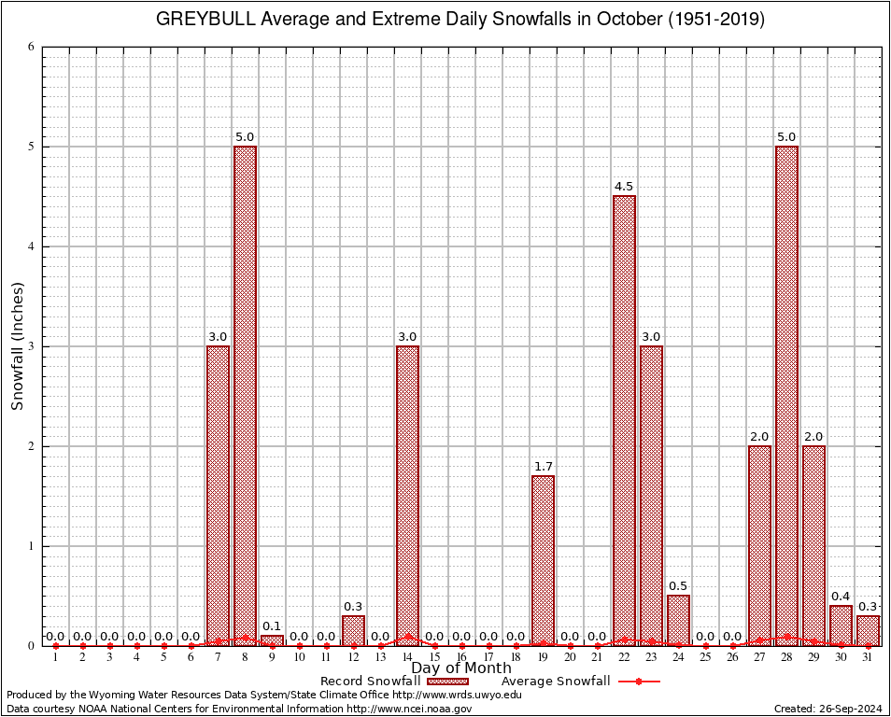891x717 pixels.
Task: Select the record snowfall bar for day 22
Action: tap(624, 420)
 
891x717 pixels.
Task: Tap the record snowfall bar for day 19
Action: tap(543, 560)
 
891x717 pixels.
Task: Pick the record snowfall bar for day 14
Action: tap(407, 495)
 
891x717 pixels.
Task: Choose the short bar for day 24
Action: tap(678, 620)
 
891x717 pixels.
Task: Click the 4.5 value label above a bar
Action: tap(624, 187)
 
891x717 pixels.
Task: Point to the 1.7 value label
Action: tap(543, 467)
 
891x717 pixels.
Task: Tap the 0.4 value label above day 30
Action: tap(841, 597)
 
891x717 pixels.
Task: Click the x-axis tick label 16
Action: tap(461, 658)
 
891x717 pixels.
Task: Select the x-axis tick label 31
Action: tap(868, 658)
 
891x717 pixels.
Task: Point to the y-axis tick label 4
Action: tap(31, 246)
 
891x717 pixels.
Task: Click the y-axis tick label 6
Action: tap(31, 47)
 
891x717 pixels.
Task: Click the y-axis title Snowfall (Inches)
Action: tap(18, 345)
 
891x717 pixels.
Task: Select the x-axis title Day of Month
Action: tap(461, 668)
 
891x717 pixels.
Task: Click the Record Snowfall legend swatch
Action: tap(447, 682)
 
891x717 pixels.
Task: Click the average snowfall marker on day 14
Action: tap(407, 637)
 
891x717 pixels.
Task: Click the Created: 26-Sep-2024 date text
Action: tap(827, 710)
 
